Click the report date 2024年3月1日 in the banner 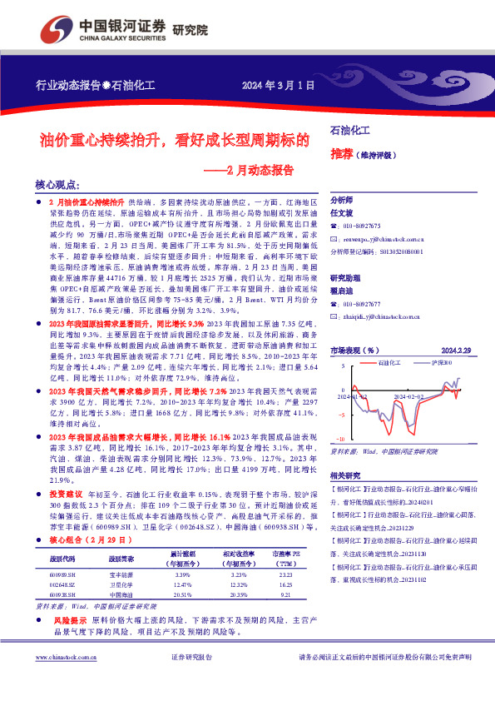click(x=280, y=85)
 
